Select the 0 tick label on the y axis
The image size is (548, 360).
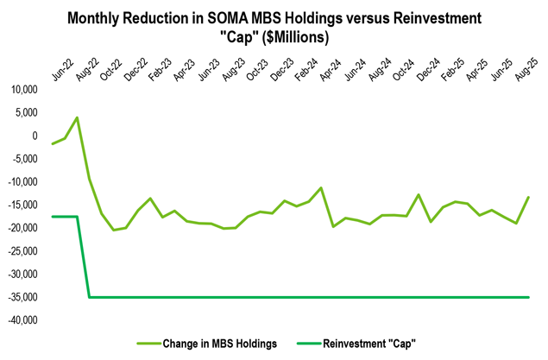click(34, 136)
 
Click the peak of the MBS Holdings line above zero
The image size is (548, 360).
click(78, 117)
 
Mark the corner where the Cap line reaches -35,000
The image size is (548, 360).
click(90, 297)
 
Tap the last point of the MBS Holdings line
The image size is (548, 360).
click(528, 198)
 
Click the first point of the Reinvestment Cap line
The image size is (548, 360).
click(54, 217)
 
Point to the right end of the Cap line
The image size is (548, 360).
click(528, 297)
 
